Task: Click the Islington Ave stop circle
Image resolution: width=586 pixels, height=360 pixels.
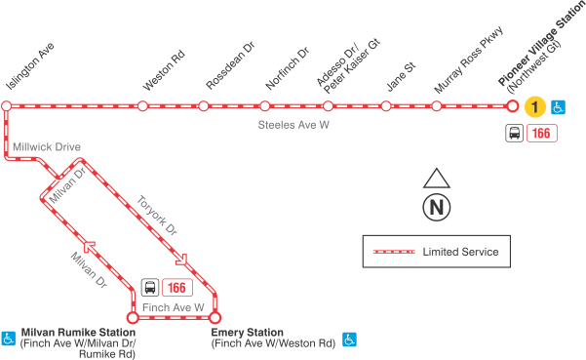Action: (6, 105)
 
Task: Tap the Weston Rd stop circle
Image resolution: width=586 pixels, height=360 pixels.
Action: (143, 105)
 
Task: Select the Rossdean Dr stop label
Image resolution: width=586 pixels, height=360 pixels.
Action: (225, 69)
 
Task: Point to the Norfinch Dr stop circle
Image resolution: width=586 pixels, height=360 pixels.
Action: (266, 105)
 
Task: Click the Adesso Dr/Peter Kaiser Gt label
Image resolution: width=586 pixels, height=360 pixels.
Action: (346, 68)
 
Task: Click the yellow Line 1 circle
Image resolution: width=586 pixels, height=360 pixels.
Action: (533, 106)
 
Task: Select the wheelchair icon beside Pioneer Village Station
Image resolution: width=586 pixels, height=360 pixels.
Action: (559, 106)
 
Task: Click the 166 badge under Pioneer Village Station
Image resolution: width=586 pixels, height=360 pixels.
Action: (541, 134)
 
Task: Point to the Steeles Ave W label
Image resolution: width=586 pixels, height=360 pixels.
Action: (293, 126)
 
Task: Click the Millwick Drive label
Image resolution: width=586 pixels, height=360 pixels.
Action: (47, 146)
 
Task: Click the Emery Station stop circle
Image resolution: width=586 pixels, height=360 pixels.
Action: (215, 316)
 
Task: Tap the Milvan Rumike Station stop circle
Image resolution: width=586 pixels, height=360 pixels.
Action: (133, 316)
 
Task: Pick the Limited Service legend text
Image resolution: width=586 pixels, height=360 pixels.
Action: (460, 252)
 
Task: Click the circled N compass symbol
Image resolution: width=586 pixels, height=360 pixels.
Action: (436, 207)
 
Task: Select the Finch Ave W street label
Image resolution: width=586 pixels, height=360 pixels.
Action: (174, 307)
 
